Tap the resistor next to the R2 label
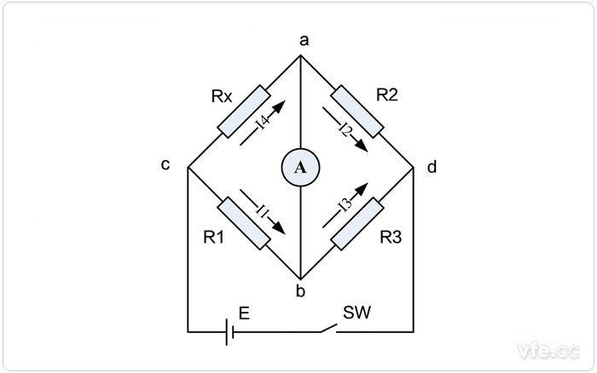pos(356,110)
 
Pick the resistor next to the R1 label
pos(244,222)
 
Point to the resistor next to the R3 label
pos(356,223)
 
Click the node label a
pos(300,40)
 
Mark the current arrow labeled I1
pos(264,209)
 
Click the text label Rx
pos(222,95)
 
